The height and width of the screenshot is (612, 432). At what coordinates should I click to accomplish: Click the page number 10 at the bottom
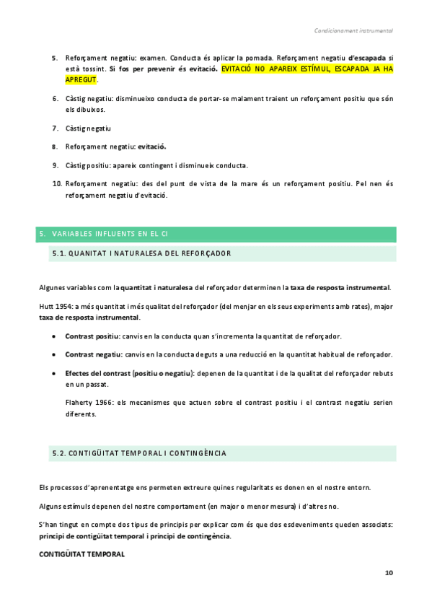point(389,573)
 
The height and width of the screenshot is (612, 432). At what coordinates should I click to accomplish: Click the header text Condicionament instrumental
point(353,31)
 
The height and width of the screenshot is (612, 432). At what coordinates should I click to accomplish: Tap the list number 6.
point(56,98)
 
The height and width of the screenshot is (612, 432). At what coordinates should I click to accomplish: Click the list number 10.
point(57,183)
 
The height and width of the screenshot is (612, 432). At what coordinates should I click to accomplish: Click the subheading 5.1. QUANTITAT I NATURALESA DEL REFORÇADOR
point(141,253)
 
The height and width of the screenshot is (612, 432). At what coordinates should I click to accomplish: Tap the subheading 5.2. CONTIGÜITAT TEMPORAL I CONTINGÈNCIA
point(139,453)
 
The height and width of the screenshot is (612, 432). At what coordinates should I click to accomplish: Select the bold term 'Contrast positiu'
point(92,336)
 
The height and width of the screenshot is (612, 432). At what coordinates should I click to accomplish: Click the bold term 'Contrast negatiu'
point(92,354)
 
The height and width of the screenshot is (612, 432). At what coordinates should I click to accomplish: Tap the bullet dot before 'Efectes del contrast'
point(56,373)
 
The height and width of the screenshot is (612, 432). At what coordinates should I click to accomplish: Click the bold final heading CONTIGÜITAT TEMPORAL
point(81,554)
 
